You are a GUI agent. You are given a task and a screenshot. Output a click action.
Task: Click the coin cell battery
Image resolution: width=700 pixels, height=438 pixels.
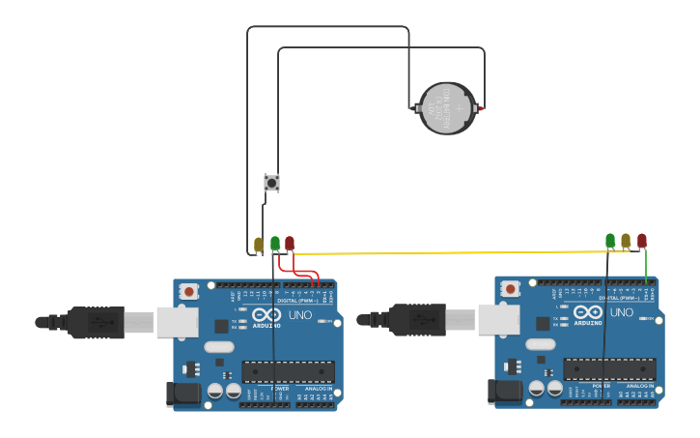pyautogui.click(x=446, y=108)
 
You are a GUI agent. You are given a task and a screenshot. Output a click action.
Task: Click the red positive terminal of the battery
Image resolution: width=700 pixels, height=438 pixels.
pyautogui.click(x=481, y=109)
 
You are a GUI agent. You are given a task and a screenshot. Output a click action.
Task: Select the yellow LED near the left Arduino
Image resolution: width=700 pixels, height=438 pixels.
pyautogui.click(x=259, y=244)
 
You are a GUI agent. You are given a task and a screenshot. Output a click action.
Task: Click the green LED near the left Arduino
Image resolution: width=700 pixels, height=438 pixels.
pyautogui.click(x=275, y=243)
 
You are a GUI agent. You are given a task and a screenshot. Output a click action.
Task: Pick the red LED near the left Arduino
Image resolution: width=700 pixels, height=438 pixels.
pyautogui.click(x=290, y=243)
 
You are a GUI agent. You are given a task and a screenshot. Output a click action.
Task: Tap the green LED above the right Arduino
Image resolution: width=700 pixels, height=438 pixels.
pyautogui.click(x=610, y=239)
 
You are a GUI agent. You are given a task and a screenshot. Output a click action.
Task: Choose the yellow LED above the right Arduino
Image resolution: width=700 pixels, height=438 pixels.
pyautogui.click(x=626, y=239)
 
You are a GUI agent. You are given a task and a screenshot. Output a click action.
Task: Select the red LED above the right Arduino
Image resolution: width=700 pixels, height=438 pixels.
pyautogui.click(x=641, y=239)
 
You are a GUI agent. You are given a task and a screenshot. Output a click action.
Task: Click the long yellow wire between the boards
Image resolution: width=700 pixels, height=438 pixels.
pyautogui.click(x=444, y=252)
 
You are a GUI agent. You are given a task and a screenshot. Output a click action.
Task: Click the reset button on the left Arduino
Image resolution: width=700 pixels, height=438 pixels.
pyautogui.click(x=189, y=291)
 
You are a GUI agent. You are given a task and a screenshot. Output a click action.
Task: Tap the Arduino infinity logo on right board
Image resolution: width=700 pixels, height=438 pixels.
pyautogui.click(x=587, y=311)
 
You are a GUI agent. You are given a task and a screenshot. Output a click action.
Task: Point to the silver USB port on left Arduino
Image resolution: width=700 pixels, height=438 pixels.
pyautogui.click(x=178, y=322)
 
